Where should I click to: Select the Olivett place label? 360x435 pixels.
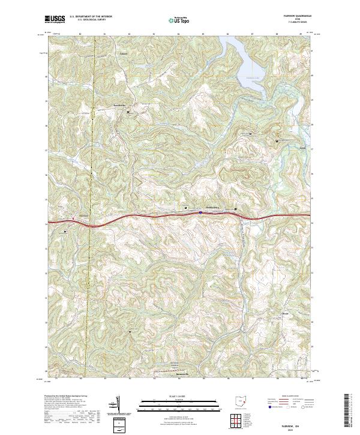(286, 313)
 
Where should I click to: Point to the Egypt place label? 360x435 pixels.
(286, 148)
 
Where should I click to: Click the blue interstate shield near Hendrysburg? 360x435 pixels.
(200, 212)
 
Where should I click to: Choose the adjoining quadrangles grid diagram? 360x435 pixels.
(238, 421)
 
